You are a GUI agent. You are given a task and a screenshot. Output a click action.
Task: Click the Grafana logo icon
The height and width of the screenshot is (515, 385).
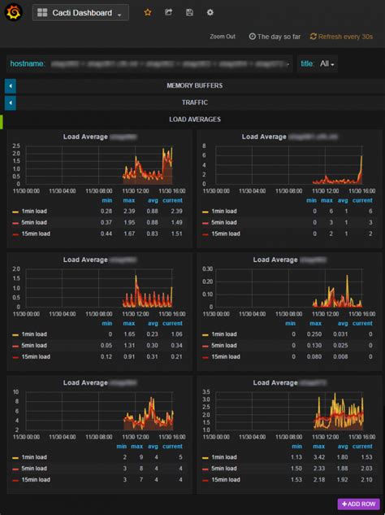point(11,12)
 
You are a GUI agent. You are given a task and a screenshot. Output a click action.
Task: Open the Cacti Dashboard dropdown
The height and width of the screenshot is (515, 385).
point(80,13)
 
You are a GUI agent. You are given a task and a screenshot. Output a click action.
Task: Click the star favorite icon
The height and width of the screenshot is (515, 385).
point(147,13)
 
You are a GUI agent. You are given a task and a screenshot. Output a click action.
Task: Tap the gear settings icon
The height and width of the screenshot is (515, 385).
point(210,13)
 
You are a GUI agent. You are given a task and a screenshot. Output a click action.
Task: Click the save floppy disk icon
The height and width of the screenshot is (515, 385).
point(189,13)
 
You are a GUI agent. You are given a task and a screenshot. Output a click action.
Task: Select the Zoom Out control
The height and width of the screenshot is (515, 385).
point(223,37)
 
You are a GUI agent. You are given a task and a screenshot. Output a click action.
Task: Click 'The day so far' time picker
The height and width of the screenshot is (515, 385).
point(275,37)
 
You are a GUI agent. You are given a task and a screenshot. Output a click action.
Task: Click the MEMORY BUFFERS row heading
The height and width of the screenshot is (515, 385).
point(194,85)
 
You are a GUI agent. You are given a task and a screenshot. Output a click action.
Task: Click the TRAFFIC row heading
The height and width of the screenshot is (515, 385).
point(194,103)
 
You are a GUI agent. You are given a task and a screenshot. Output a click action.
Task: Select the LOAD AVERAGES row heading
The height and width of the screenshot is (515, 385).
point(194,120)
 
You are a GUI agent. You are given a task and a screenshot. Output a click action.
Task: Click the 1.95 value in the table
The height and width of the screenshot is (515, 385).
point(128,222)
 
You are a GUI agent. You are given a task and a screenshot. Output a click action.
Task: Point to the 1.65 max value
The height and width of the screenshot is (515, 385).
point(128,334)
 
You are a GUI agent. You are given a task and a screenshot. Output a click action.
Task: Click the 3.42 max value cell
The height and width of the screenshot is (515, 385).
point(320,457)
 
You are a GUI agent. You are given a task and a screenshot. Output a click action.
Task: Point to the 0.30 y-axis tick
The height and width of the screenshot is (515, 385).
point(206,268)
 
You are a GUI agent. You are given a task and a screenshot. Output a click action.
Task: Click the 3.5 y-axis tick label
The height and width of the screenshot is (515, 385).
point(206,391)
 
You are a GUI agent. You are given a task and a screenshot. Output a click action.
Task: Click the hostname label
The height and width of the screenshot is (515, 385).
point(27,63)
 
